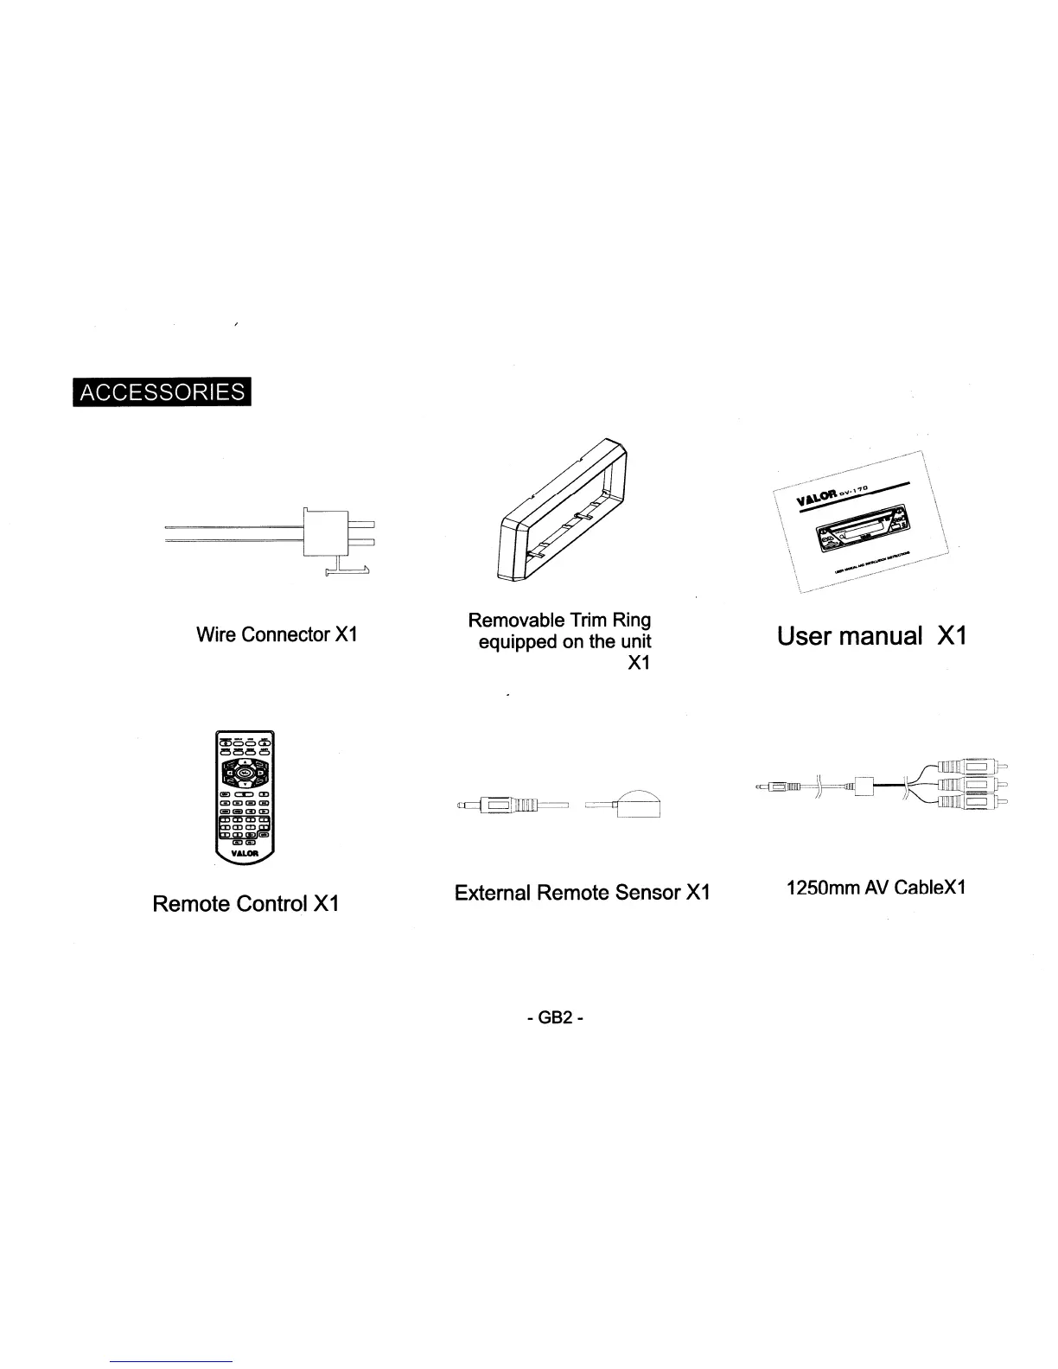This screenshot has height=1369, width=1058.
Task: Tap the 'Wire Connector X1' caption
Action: (x=277, y=634)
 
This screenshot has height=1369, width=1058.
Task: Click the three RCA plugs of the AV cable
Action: (x=972, y=786)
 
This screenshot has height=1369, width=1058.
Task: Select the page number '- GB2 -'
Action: (x=555, y=1018)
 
